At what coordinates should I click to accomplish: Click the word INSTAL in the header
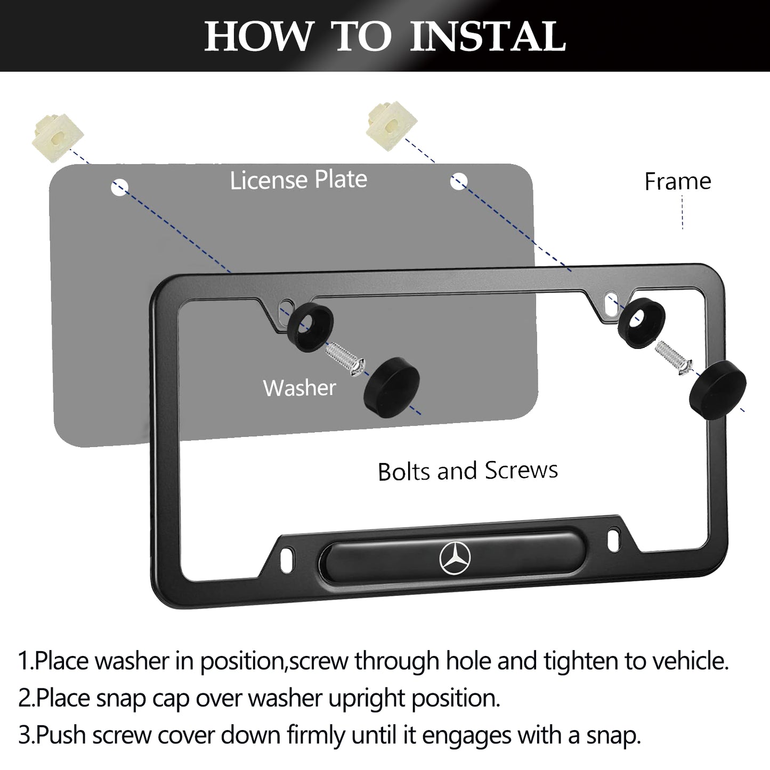488,36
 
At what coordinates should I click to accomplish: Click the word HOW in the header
258,36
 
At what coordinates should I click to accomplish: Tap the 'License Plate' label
298,180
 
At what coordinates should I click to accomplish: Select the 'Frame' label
678,181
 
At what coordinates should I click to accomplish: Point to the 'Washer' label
299,387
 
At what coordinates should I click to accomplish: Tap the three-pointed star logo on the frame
455,558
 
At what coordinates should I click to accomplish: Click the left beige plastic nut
58,138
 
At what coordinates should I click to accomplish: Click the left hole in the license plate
119,188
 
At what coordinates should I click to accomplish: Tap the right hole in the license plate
459,181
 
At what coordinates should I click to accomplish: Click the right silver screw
674,358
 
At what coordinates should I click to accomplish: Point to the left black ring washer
310,327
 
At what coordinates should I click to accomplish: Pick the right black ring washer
642,323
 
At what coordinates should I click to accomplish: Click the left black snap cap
392,387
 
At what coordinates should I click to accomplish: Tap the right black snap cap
718,390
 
